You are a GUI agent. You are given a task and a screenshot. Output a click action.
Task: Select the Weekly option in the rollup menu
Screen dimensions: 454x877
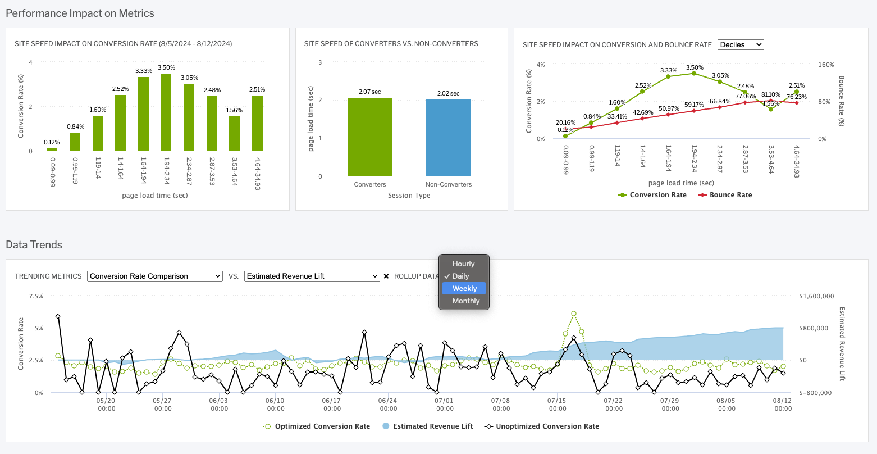[464, 288]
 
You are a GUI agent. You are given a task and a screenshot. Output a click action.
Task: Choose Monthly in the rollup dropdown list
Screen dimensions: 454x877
[465, 301]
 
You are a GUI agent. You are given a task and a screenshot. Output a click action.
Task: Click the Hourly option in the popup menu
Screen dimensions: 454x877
[463, 264]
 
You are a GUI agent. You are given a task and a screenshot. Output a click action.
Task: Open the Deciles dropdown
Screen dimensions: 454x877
[741, 44]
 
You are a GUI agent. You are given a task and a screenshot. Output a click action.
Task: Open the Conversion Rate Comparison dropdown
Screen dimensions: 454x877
[155, 276]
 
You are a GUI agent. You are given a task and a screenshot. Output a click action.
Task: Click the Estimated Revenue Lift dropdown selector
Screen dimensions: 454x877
[312, 276]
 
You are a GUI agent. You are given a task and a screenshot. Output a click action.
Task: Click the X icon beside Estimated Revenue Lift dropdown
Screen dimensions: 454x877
[386, 276]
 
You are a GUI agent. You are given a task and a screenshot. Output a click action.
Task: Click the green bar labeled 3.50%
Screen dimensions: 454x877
[166, 112]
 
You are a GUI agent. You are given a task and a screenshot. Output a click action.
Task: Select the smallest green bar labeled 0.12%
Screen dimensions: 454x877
[52, 149]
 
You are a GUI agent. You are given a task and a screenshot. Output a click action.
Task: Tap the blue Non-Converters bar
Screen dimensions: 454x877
[448, 138]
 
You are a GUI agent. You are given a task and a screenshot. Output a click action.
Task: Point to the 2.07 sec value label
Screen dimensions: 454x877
[369, 91]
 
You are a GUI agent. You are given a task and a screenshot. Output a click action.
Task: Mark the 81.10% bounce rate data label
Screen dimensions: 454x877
[770, 94]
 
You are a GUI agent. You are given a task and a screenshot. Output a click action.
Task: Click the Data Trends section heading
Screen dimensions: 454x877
[34, 244]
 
